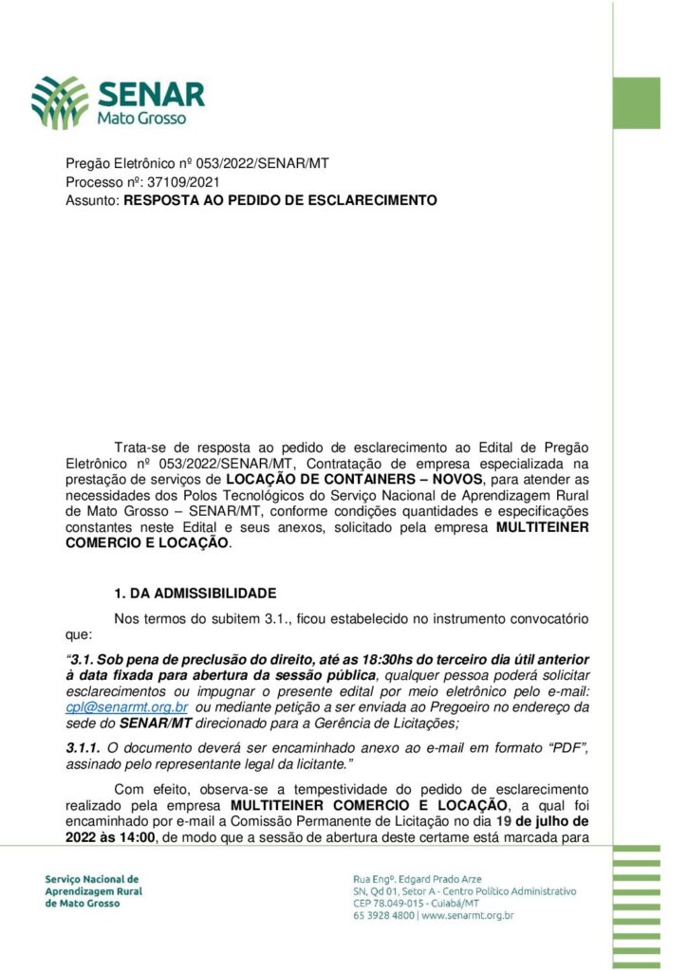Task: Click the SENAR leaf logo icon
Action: [60, 101]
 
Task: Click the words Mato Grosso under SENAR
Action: [141, 119]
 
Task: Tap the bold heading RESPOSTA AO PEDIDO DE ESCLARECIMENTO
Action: [280, 200]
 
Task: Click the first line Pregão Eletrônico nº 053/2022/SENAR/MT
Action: [197, 163]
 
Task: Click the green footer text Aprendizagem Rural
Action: [91, 891]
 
